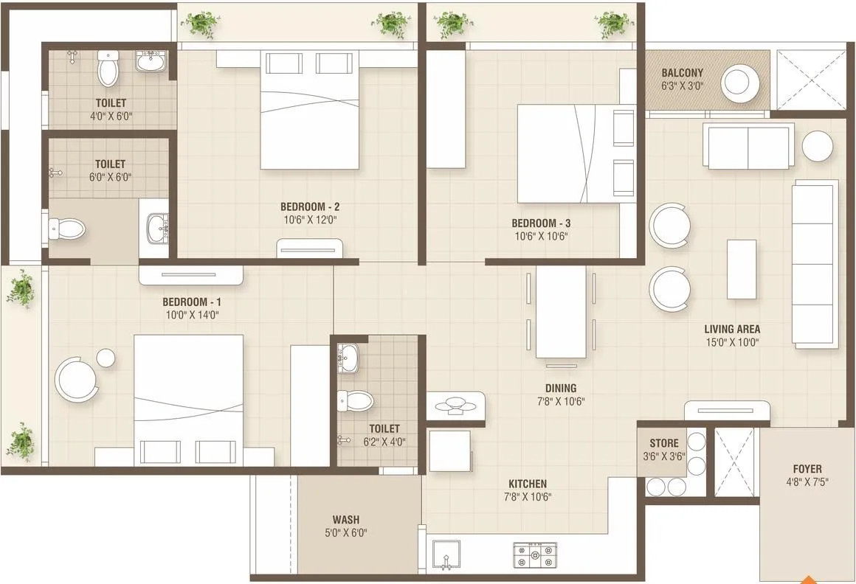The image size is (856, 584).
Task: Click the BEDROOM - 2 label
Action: coord(309,206)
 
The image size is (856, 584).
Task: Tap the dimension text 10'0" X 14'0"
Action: coord(191,315)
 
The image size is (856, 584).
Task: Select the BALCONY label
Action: coord(682,73)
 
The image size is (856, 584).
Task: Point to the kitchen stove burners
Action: coord(534,555)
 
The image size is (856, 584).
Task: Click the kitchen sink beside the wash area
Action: coord(446,555)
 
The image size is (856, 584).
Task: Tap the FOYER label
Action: coord(807,468)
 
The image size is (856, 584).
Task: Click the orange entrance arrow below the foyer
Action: coord(810,579)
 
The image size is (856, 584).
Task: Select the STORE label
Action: coord(664,443)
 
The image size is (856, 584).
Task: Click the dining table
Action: coord(560,311)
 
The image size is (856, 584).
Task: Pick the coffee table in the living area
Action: coord(741,269)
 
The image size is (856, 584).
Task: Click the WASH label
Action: coord(345,519)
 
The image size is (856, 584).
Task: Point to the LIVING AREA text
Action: coord(731,329)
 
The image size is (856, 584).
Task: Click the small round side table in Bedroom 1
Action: coord(106,358)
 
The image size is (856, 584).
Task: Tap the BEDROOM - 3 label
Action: coord(541,223)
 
